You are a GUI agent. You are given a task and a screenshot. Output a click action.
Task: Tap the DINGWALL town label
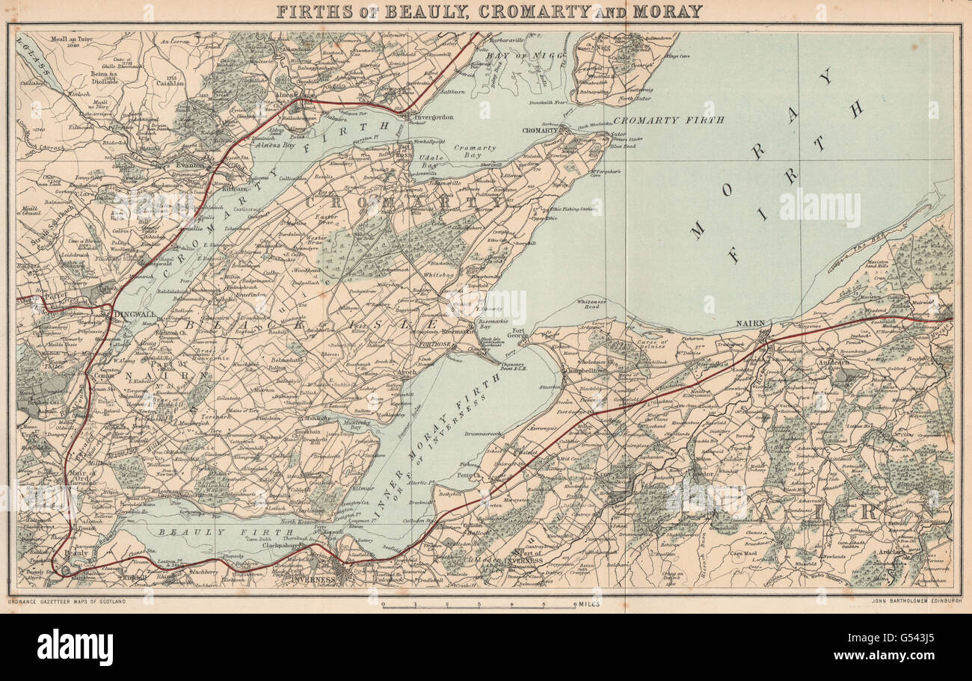pyautogui.click(x=135, y=315)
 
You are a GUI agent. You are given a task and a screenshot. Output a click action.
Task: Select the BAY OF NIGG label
pyautogui.click(x=514, y=55)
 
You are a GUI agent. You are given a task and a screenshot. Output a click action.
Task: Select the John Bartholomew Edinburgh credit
pyautogui.click(x=915, y=601)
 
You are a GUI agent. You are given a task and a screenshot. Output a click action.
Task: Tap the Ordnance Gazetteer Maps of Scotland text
pyautogui.click(x=67, y=601)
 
